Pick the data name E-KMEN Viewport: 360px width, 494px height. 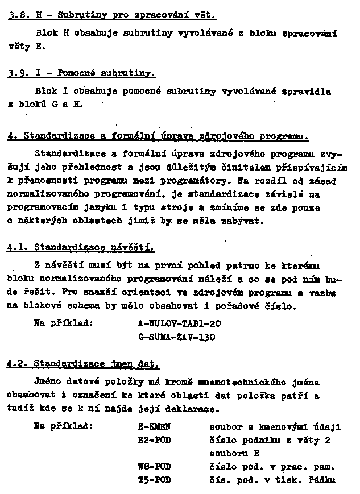click(x=154, y=426)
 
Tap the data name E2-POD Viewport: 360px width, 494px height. click(x=154, y=439)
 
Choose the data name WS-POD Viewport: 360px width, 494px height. click(x=154, y=467)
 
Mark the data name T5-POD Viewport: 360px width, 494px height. click(x=154, y=480)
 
